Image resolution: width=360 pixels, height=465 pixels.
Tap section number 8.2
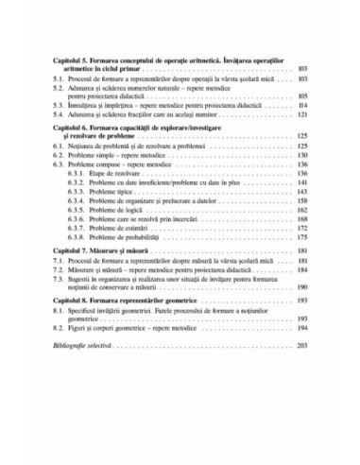pyautogui.click(x=58, y=332)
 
